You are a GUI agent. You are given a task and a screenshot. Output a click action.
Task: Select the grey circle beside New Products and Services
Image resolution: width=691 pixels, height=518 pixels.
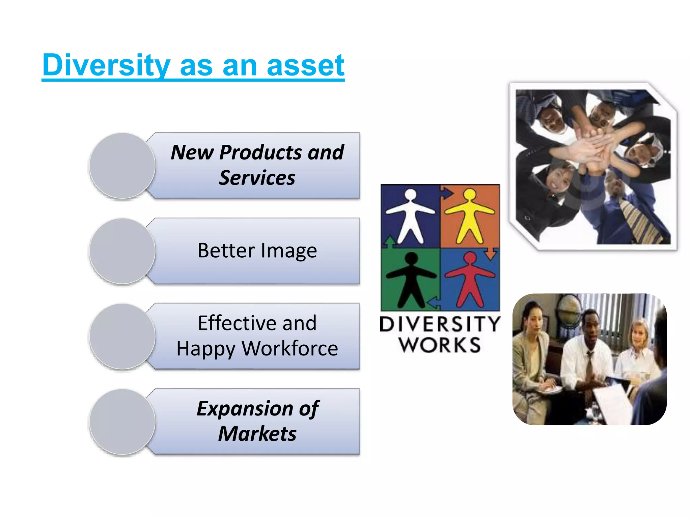[122, 165]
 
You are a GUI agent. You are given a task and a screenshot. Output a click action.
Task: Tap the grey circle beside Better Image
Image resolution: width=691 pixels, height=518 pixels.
[122, 251]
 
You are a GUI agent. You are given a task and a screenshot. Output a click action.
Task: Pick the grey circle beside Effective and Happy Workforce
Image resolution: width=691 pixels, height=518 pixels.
[122, 336]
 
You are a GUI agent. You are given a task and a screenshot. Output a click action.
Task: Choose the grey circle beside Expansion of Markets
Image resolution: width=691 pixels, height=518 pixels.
[122, 422]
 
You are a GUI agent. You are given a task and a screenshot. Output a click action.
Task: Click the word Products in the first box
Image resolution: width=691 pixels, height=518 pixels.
[260, 152]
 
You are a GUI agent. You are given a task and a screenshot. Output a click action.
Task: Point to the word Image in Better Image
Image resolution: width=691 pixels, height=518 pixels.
[289, 251]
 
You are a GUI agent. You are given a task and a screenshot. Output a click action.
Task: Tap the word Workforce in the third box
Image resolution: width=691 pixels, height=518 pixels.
[290, 349]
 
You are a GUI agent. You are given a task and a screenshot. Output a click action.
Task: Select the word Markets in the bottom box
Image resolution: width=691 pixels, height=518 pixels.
[257, 434]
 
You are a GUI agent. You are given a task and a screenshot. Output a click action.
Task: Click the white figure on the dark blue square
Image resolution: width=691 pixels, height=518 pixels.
[410, 216]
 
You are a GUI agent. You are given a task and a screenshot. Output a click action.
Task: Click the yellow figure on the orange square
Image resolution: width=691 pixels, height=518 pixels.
[469, 216]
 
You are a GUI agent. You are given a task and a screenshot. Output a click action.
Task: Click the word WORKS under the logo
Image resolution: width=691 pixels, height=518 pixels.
[440, 345]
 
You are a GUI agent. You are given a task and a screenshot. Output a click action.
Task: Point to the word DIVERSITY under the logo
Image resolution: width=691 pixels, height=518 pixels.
[440, 324]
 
